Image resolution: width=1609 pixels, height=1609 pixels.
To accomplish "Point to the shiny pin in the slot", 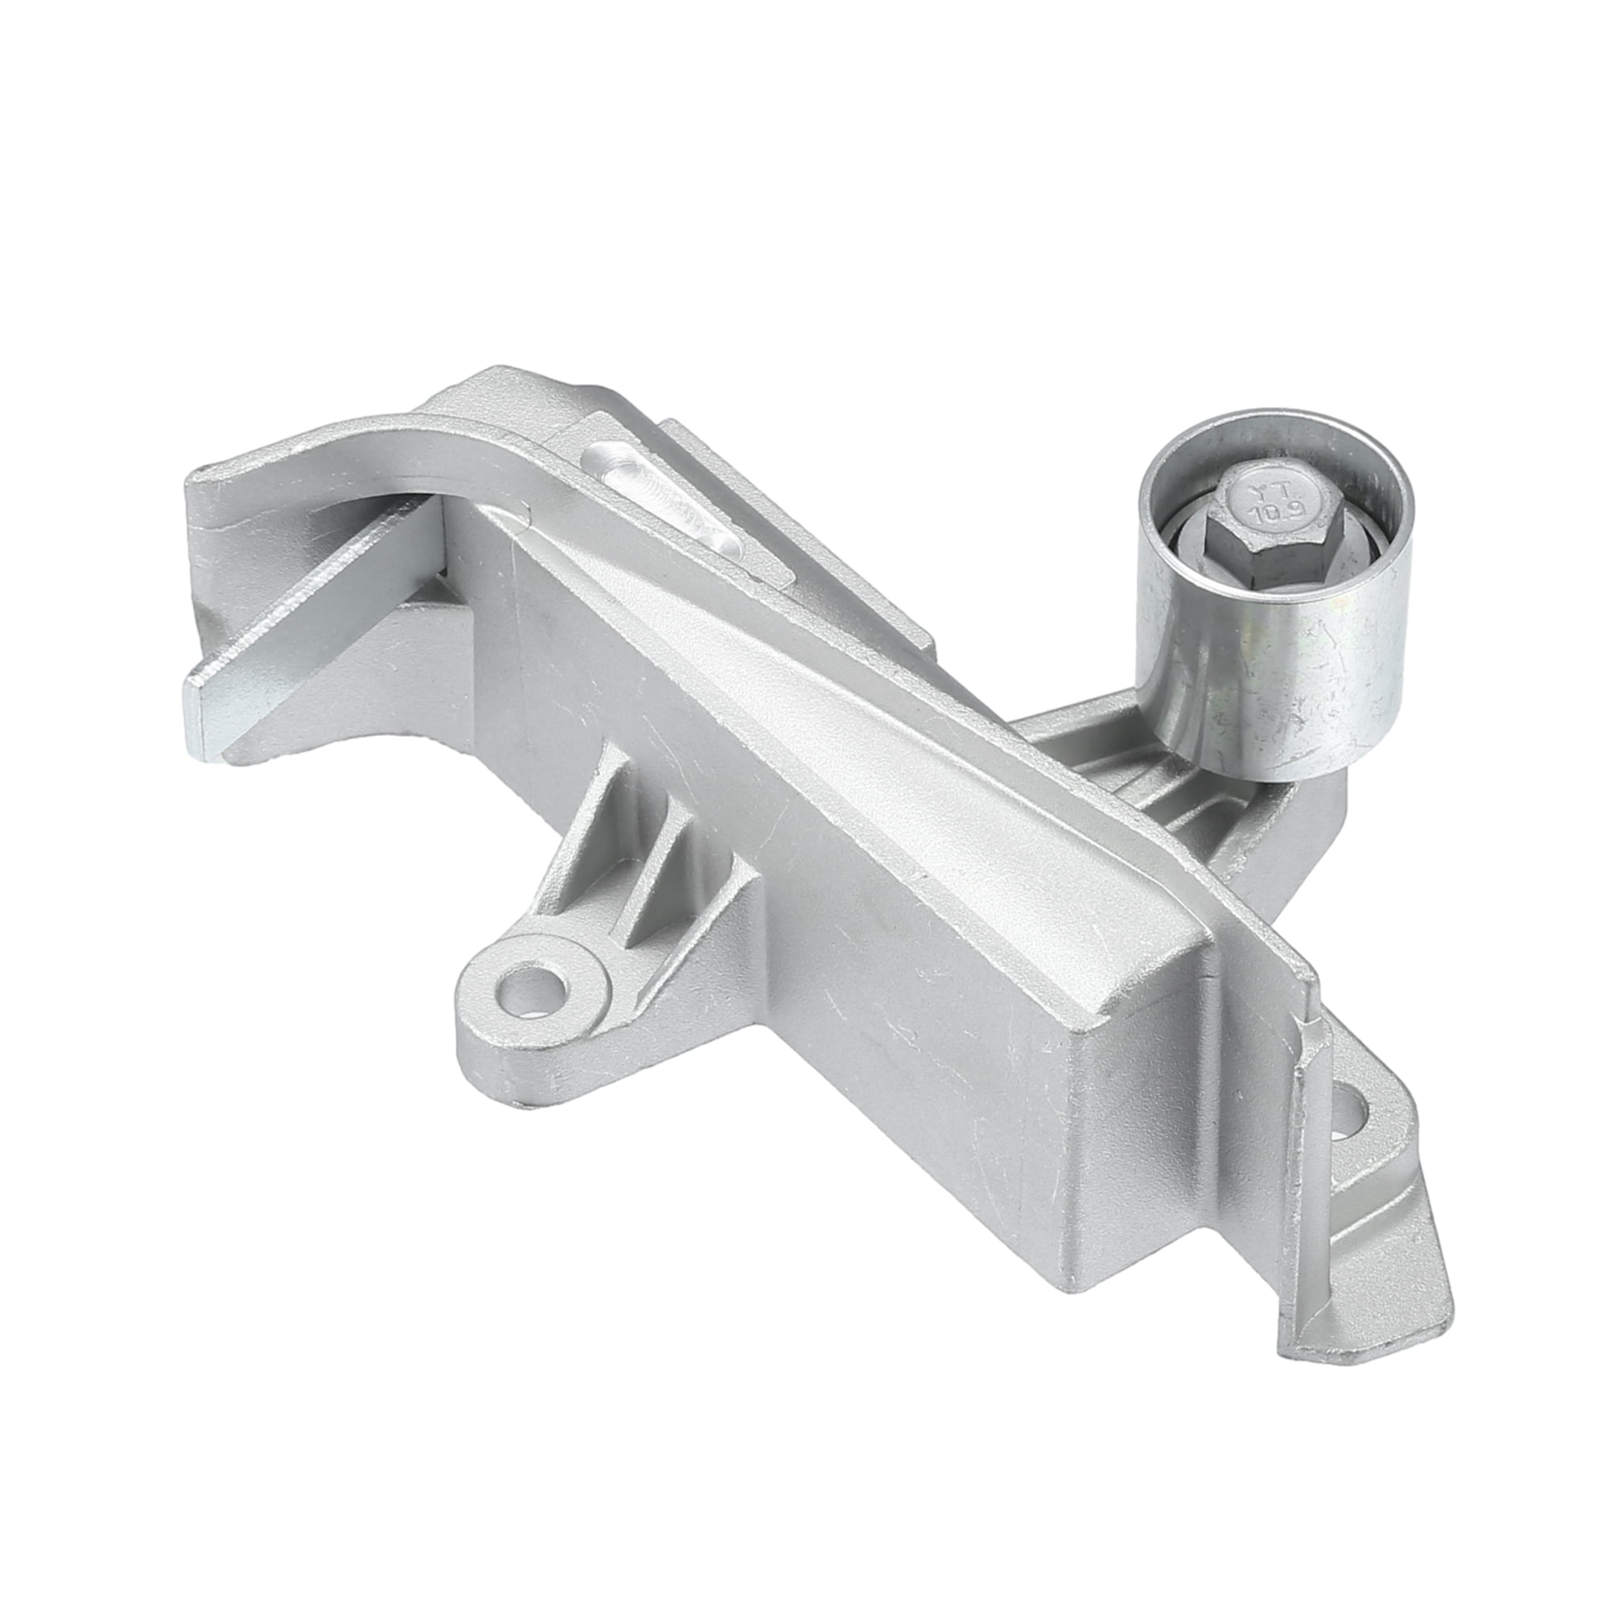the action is (658, 500).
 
